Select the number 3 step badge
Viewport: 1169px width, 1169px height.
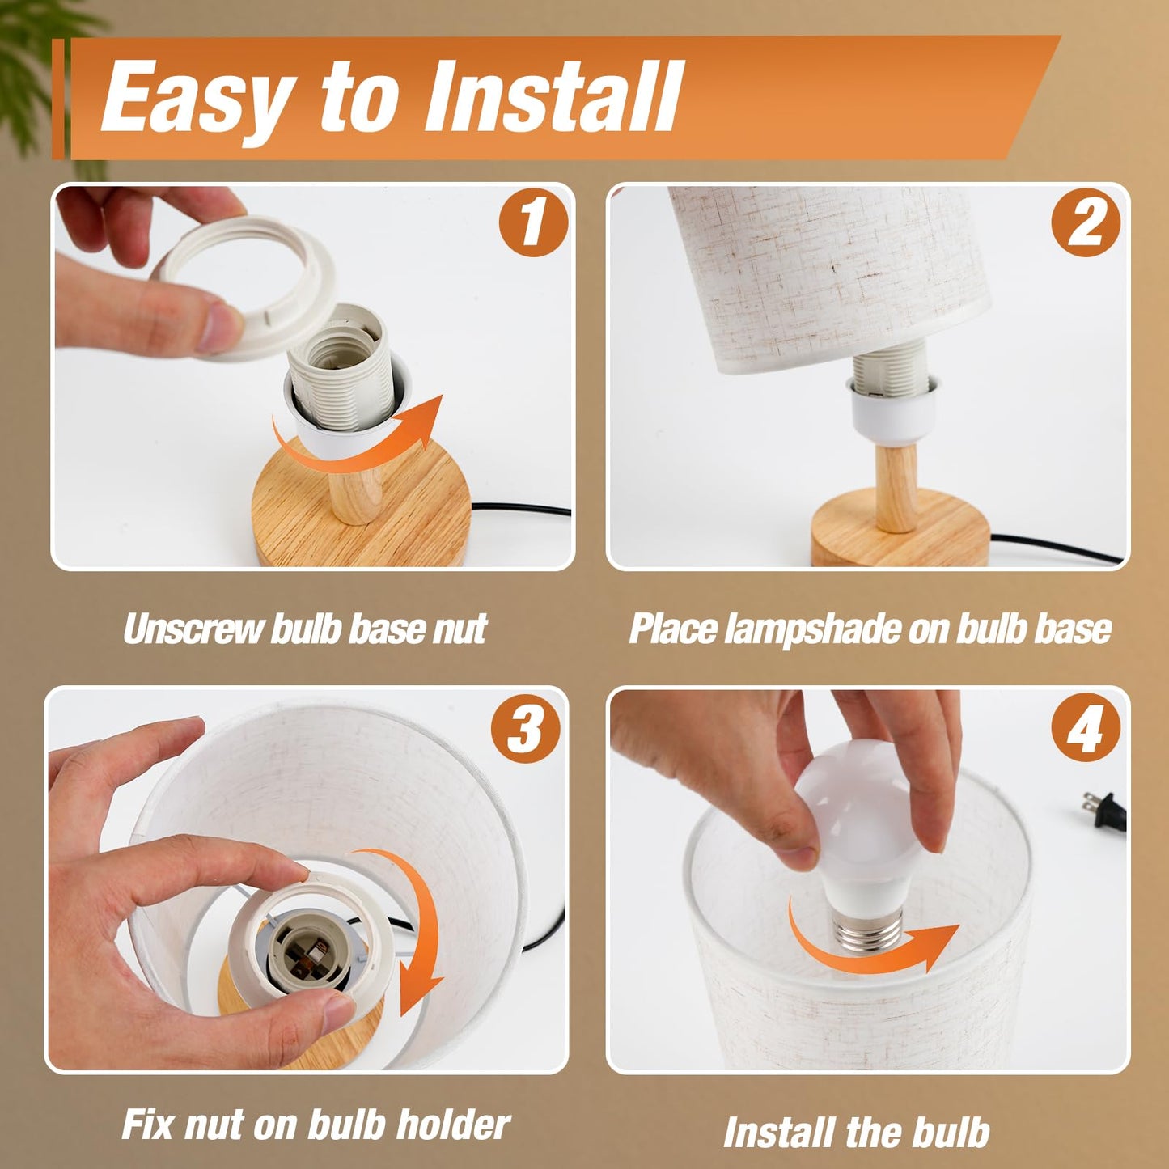coord(525,729)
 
